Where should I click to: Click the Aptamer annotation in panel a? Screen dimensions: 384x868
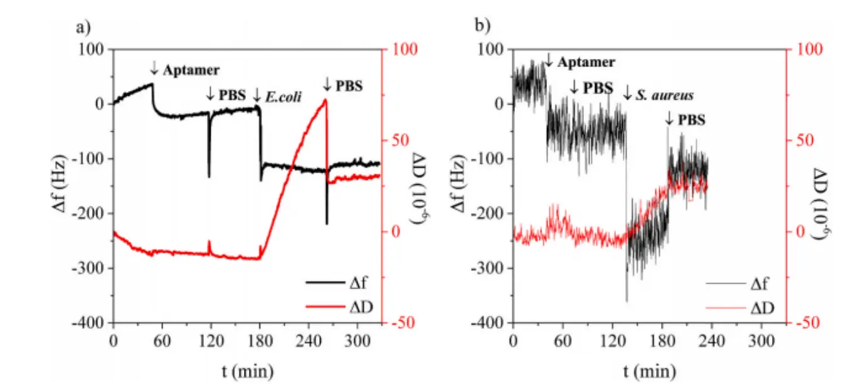click(x=191, y=70)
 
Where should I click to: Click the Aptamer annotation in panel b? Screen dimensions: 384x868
click(x=586, y=61)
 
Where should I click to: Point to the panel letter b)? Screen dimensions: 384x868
click(x=483, y=27)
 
